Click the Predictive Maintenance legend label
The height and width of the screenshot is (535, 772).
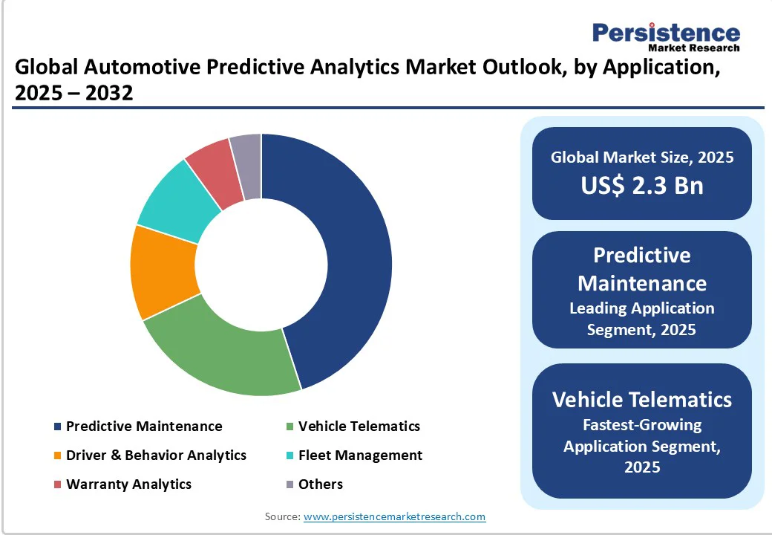(x=144, y=427)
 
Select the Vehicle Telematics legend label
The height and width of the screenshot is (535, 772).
(x=359, y=427)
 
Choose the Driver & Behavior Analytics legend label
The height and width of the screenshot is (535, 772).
(x=156, y=455)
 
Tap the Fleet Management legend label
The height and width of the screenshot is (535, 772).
(x=360, y=455)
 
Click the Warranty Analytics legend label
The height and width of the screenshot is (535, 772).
(x=128, y=484)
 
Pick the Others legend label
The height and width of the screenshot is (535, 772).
(x=321, y=484)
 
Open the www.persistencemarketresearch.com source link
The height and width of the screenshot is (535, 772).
(x=394, y=516)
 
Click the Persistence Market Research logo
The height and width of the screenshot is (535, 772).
(x=665, y=36)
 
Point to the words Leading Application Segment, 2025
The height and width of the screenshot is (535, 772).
(x=642, y=319)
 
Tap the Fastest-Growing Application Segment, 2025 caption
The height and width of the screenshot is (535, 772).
(x=642, y=446)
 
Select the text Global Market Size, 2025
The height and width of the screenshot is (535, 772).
(x=642, y=157)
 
